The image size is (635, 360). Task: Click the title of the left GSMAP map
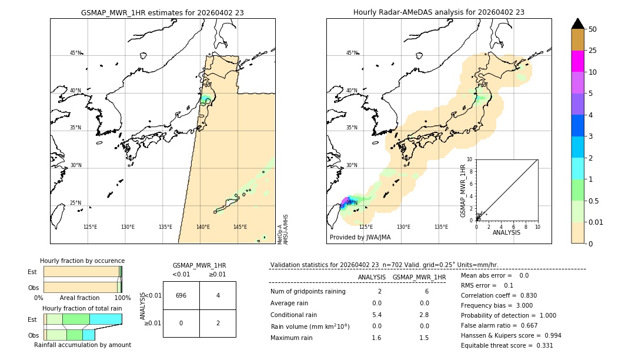pyautogui.click(x=162, y=12)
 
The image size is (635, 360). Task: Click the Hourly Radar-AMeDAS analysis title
pyautogui.click(x=439, y=12)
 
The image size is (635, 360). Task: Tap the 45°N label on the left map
pyautogui.click(x=75, y=53)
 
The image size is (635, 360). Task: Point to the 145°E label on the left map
pyautogui.click(x=240, y=227)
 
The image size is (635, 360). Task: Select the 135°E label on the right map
pyautogui.click(x=441, y=227)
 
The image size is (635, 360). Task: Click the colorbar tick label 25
pyautogui.click(x=593, y=51)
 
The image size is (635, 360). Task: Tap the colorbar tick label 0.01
pyautogui.click(x=596, y=222)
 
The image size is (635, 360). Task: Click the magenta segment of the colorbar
pyautogui.click(x=577, y=61)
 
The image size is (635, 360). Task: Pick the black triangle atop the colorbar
pyautogui.click(x=577, y=24)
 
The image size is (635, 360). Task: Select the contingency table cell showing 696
pyautogui.click(x=181, y=295)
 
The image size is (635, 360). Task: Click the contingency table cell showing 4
pyautogui.click(x=218, y=295)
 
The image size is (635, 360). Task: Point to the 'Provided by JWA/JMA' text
pyautogui.click(x=360, y=238)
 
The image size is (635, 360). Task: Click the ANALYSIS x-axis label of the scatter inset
pyautogui.click(x=506, y=233)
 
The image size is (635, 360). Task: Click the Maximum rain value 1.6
pyautogui.click(x=376, y=338)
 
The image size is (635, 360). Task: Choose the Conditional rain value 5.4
pyautogui.click(x=376, y=315)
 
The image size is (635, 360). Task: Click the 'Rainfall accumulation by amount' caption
pyautogui.click(x=82, y=345)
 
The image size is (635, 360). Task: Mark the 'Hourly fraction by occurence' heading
pyautogui.click(x=82, y=261)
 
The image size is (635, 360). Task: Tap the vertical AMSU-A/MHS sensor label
pyautogui.click(x=286, y=229)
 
